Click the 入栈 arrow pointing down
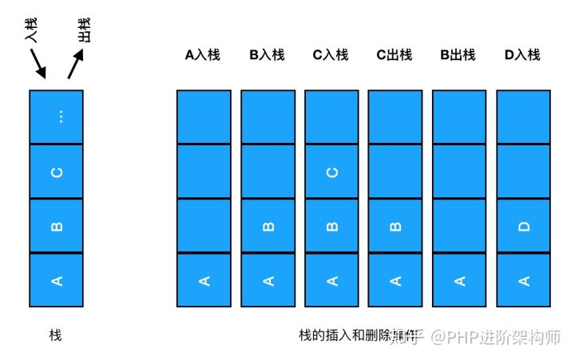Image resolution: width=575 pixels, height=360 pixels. pos(37,64)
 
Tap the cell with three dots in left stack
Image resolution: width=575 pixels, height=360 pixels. pos(56,117)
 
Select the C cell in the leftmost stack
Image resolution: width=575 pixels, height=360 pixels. pos(56,171)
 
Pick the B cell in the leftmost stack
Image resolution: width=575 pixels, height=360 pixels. pos(56,225)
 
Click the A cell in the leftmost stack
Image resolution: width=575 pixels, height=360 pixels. pos(56,279)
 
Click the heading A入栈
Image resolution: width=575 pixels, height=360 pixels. pos(203,55)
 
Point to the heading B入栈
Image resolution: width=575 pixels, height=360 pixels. pos(267,55)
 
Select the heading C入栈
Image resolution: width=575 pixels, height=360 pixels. pos(331,55)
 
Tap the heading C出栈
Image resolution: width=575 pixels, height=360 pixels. pos(395,55)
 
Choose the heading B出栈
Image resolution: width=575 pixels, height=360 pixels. pos(458,55)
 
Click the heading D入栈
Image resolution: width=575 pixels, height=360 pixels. pos(522,55)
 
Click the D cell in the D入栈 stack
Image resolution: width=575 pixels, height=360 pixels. pos(523,226)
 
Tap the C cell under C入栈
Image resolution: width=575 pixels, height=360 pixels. pos(331,172)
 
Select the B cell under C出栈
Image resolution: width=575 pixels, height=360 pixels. pos(395,226)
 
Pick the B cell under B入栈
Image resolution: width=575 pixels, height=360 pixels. pos(268,226)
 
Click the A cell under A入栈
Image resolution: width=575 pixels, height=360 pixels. pos(204,279)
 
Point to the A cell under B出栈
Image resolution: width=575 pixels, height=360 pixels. pos(459,279)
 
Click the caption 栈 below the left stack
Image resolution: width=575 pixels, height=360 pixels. pos(55,335)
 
